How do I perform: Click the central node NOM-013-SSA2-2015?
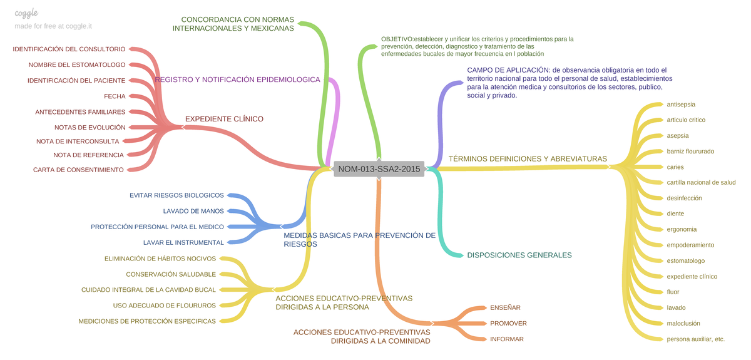(x=379, y=168)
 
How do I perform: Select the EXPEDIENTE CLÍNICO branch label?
(x=224, y=119)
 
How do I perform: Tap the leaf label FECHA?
(x=115, y=96)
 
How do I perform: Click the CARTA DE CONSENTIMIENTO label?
(x=78, y=170)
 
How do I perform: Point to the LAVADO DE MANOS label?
(x=193, y=211)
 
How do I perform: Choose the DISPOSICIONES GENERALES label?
(x=519, y=255)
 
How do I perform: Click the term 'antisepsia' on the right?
(x=682, y=105)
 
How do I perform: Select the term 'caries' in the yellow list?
(x=675, y=167)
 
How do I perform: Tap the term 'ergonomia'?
(x=682, y=229)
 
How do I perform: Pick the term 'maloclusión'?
(x=683, y=323)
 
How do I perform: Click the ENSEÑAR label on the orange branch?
(x=505, y=307)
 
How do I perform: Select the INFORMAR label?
(x=507, y=339)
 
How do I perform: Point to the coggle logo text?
(x=26, y=13)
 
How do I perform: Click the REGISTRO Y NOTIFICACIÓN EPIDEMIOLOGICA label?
(x=237, y=80)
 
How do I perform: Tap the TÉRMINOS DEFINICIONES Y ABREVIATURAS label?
(x=528, y=159)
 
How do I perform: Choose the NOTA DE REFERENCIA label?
(x=88, y=155)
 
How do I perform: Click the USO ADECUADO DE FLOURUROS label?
(x=165, y=306)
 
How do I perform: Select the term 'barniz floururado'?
(x=690, y=152)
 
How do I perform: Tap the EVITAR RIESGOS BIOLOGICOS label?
(x=176, y=195)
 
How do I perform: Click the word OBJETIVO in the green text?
(x=397, y=39)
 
